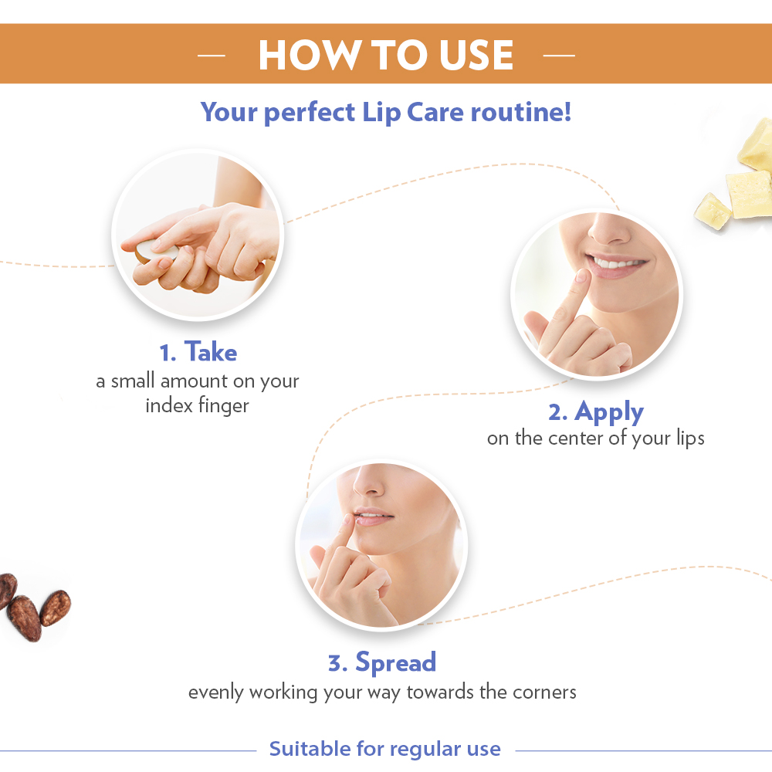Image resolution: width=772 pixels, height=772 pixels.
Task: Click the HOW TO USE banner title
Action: (x=385, y=55)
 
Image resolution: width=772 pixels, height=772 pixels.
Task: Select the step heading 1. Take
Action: (x=198, y=353)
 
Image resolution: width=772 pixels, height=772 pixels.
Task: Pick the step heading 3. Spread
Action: (x=382, y=662)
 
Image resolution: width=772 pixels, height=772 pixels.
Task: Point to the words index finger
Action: (x=197, y=405)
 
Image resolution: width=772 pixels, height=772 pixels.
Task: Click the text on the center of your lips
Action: (x=595, y=438)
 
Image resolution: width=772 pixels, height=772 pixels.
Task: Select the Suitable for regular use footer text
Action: (x=384, y=749)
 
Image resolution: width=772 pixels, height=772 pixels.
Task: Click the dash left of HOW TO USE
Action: (x=211, y=56)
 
